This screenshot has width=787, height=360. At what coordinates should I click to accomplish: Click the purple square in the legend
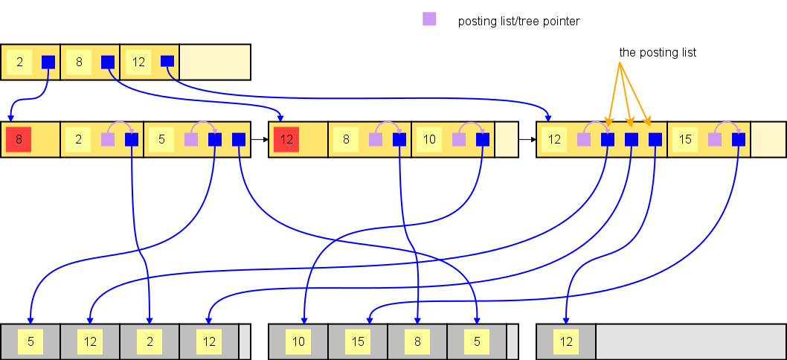point(429,19)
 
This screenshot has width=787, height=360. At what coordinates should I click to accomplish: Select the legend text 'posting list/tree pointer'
point(518,22)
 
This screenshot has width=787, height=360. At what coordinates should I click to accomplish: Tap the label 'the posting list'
point(658,53)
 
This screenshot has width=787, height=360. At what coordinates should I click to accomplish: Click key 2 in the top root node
point(19,62)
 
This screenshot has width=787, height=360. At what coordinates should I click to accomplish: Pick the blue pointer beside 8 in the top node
point(108,62)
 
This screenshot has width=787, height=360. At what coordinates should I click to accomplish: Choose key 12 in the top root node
point(138,62)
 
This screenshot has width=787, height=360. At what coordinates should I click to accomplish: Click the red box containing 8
point(19,139)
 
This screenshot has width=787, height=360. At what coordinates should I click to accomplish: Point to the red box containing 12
point(286,139)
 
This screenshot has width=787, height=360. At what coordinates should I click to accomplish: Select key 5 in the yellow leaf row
point(161,139)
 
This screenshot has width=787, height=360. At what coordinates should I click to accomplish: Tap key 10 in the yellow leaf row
point(429,139)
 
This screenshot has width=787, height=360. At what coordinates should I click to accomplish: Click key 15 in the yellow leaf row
point(685,139)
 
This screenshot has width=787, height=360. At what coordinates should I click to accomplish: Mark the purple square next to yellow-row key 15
point(715,139)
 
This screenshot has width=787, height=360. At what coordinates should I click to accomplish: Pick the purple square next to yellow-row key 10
point(459,139)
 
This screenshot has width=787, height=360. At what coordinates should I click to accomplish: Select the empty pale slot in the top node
point(215,62)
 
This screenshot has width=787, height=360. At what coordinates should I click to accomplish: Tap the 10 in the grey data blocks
point(298,342)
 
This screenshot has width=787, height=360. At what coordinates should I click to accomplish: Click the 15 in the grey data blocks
point(358,342)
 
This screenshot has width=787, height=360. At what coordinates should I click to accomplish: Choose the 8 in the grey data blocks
point(417,342)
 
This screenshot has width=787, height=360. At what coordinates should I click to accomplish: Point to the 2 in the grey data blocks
point(150,342)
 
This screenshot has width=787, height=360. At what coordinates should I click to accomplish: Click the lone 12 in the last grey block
point(566,342)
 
